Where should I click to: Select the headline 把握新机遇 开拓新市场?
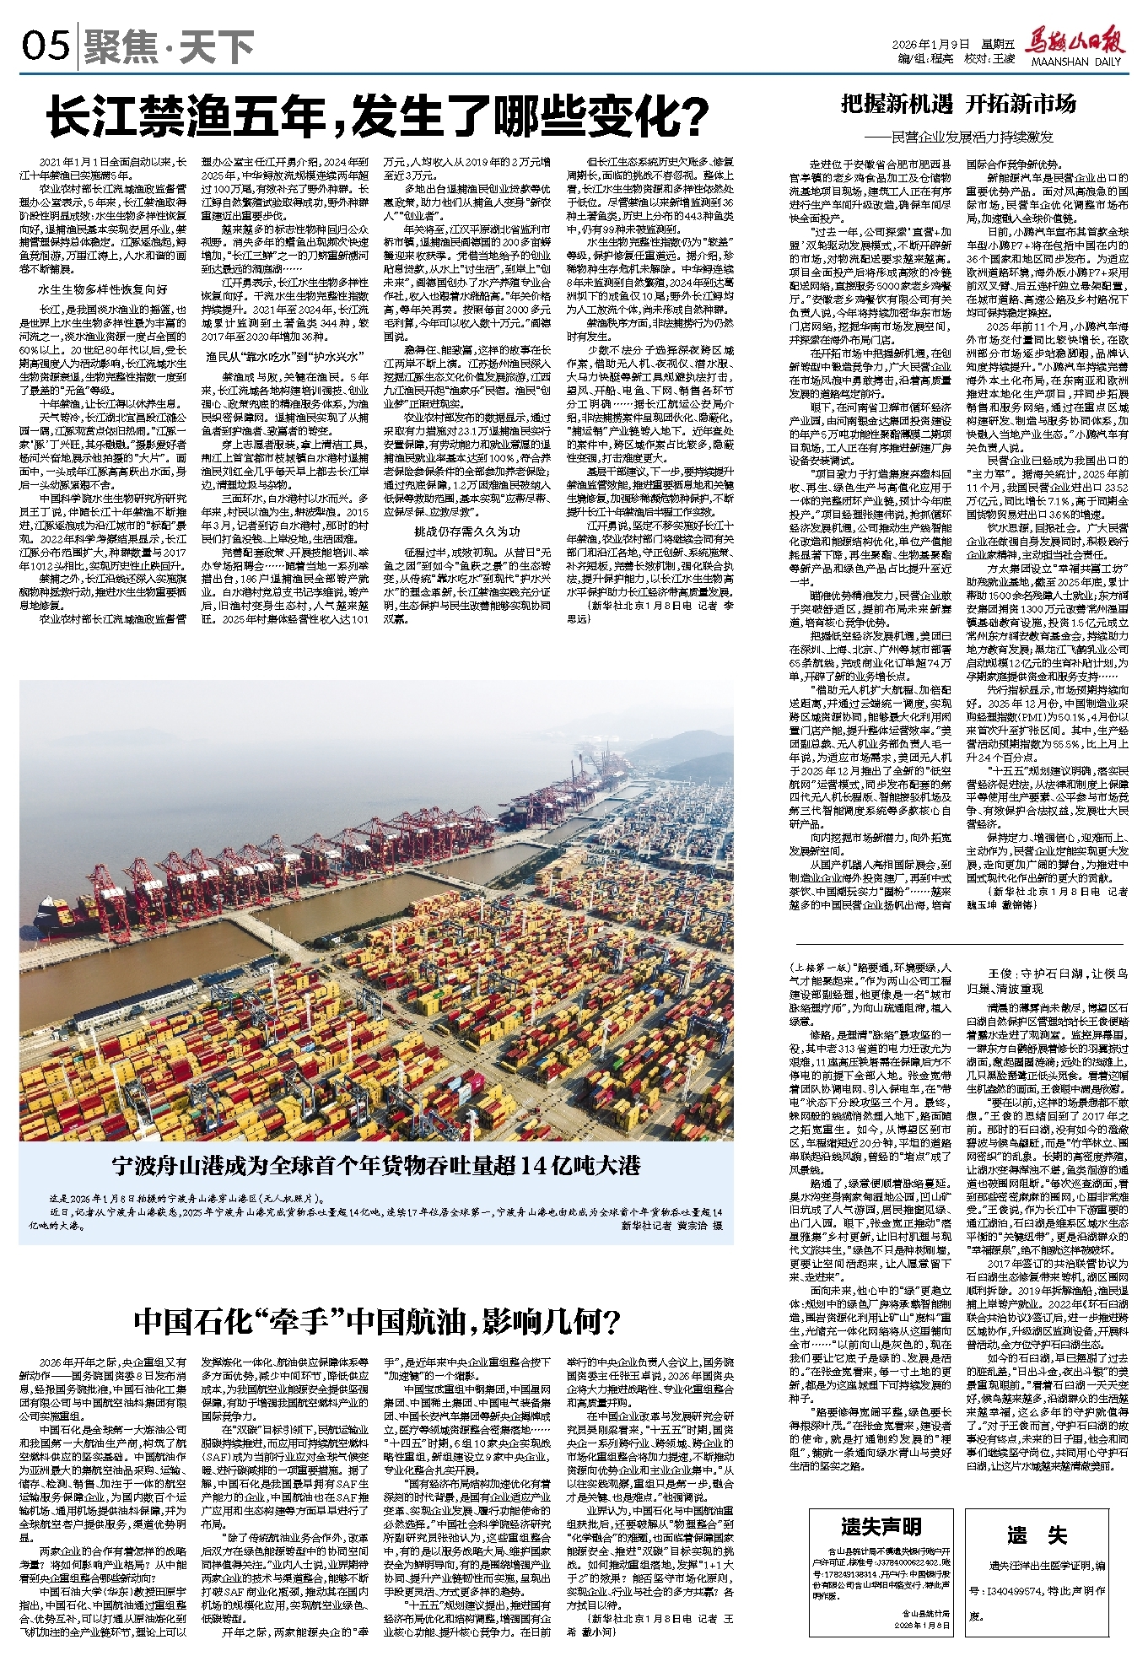point(958,105)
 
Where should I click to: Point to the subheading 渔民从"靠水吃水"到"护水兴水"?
point(285,356)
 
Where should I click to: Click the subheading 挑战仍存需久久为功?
point(466,532)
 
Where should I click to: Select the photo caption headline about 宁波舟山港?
point(376,1167)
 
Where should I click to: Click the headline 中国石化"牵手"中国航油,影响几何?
point(378,1321)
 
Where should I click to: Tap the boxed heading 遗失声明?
point(881,1526)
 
